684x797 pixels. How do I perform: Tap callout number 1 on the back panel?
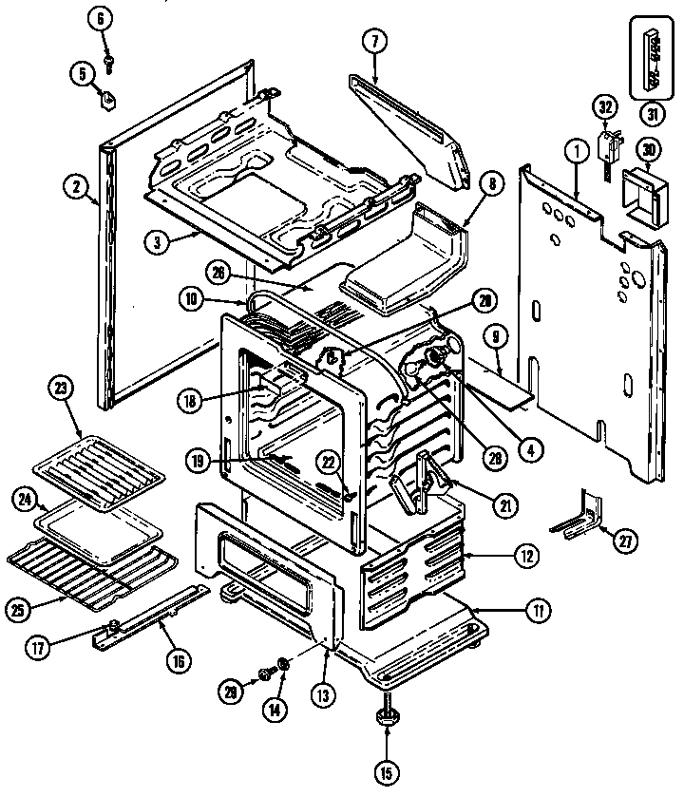574,149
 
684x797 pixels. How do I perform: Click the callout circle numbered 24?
27,499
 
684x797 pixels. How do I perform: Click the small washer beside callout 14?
283,662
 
